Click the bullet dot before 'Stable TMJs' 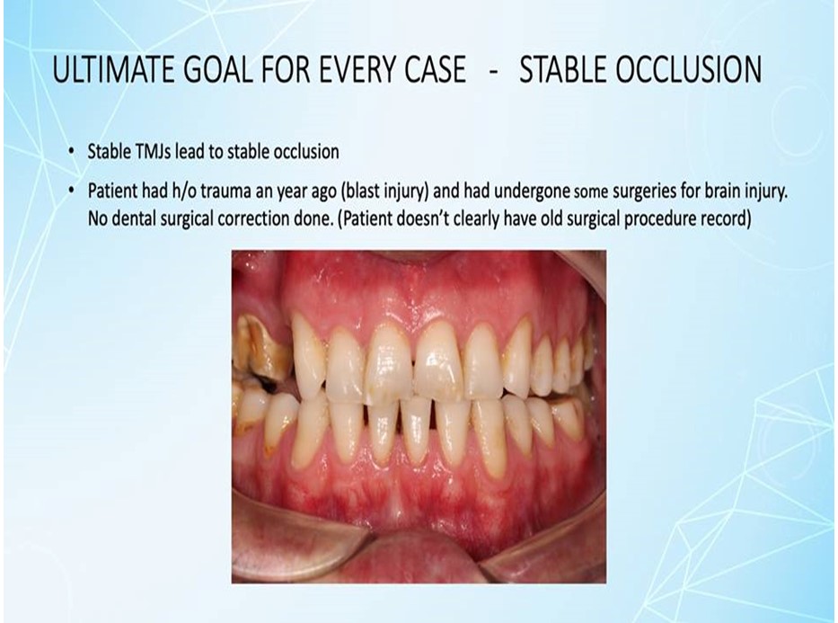tap(72, 152)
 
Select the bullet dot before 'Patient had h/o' tap(72, 191)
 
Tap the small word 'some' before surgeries tap(591, 193)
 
